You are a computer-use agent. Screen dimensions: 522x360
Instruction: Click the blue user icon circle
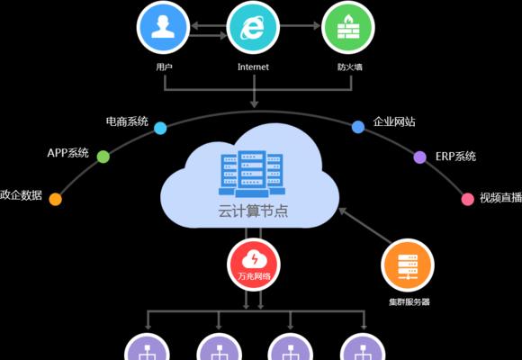pos(163,27)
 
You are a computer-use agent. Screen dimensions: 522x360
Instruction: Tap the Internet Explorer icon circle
pos(253,27)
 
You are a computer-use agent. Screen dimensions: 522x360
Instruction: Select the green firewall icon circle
pos(348,27)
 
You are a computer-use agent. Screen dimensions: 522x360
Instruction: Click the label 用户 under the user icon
pos(164,67)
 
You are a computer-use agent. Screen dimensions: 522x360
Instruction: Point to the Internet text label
pos(253,67)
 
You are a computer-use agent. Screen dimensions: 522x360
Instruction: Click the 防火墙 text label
pos(349,67)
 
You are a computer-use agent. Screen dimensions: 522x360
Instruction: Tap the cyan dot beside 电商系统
pos(160,128)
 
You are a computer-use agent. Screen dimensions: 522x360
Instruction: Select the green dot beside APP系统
pos(103,157)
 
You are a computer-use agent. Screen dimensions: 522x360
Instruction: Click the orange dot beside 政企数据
pos(56,199)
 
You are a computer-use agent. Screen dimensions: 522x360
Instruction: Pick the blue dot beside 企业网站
pos(358,127)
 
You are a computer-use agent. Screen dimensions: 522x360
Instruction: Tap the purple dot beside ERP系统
pos(419,157)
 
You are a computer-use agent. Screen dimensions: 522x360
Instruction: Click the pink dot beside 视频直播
pos(468,199)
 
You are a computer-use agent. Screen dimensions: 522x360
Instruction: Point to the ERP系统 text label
pos(455,157)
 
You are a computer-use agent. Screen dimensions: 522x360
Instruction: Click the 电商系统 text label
pos(127,121)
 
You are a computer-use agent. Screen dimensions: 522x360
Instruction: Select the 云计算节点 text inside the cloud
pos(253,211)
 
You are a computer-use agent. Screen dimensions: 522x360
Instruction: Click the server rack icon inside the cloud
pos(252,173)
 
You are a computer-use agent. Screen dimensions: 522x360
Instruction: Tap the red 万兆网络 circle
pos(254,265)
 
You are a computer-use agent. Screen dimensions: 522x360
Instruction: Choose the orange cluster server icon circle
pos(408,265)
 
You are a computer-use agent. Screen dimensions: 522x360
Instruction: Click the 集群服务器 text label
pos(409,302)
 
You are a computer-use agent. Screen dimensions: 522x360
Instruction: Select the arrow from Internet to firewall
pos(300,26)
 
